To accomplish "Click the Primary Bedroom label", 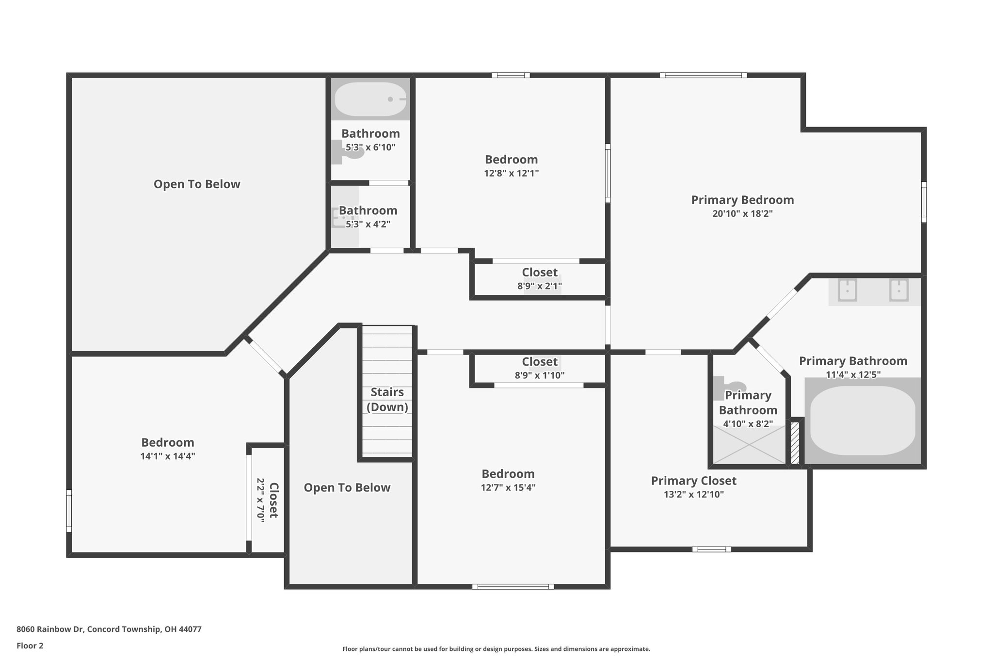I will tap(742, 200).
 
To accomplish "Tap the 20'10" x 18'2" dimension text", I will tap(742, 214).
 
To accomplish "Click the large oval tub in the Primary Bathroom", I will tap(863, 420).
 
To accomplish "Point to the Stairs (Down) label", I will tap(387, 399).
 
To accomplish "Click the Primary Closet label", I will tap(693, 481).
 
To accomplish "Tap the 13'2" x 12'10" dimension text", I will tap(693, 495).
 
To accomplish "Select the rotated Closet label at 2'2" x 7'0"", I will tap(273, 500).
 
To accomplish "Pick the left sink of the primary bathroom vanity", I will tap(847, 291).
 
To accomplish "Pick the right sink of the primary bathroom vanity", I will tap(898, 291).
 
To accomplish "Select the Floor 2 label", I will tap(30, 646).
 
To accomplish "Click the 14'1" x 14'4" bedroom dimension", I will tap(168, 456).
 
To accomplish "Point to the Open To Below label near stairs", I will tap(347, 488).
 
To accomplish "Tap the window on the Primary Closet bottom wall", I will tap(711, 549).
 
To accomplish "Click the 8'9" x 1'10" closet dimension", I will tap(539, 375).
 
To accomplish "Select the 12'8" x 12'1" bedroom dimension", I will tap(511, 174).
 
